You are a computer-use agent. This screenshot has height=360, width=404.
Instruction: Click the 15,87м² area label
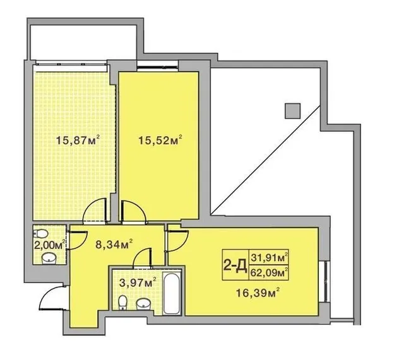pos(78,140)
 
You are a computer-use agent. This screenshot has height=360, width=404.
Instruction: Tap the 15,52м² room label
pos(160,140)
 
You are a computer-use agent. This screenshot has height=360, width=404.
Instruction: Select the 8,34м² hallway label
pos(114,244)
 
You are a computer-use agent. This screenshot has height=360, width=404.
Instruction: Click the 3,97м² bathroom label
pos(138,283)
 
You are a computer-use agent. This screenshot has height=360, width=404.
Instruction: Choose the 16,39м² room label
pos(258,293)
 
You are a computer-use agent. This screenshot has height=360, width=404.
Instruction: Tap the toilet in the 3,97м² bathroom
pos(123,301)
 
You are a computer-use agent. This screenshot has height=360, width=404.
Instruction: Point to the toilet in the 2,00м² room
pos(40,234)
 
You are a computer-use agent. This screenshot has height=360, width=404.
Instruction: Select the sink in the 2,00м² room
pos(49,258)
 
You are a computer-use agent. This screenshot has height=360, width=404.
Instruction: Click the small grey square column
pos(292,111)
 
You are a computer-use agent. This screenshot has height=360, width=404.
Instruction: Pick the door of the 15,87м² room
pos(95,211)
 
